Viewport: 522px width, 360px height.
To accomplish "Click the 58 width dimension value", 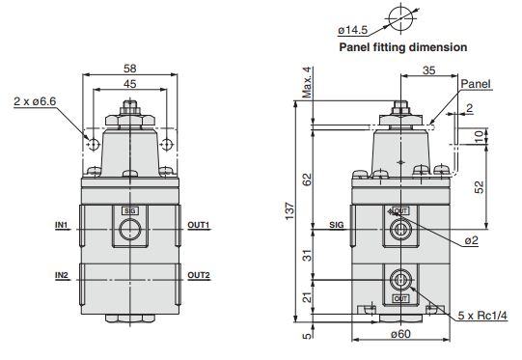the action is tap(130, 69).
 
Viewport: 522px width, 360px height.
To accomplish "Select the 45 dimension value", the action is tap(130, 84).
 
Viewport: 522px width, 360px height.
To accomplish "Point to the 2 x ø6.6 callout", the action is tap(35, 101).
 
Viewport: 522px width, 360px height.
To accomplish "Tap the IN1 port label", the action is tap(61, 225).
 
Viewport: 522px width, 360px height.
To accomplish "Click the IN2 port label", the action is tap(61, 275).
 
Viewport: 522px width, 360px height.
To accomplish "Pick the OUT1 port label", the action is tap(199, 225).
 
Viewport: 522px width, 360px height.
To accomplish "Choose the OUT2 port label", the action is tap(199, 275).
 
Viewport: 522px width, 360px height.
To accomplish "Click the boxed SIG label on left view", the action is tap(130, 210).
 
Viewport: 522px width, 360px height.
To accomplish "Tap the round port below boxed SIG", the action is tap(130, 230).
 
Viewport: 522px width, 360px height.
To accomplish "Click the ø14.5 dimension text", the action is tap(352, 30).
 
